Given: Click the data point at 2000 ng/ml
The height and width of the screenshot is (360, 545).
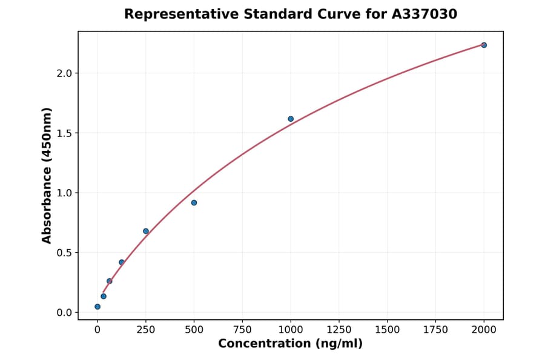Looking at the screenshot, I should (x=484, y=45).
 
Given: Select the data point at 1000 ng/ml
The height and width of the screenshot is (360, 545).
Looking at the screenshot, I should (x=291, y=119).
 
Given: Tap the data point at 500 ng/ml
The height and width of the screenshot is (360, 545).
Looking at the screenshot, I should (x=194, y=202).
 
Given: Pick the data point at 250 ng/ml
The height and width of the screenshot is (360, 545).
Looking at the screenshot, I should (x=146, y=231).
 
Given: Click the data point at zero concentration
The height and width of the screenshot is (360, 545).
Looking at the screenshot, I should (x=97, y=307).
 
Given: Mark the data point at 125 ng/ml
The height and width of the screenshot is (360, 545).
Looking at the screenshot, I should (x=122, y=262).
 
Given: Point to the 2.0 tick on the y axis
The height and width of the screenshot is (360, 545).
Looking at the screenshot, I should (x=64, y=73).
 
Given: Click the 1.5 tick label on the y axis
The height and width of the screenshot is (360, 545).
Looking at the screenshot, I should (x=64, y=133).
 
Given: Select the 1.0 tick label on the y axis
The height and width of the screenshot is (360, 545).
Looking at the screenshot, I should (x=64, y=193).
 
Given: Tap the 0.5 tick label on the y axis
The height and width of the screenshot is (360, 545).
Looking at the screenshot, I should (x=64, y=253).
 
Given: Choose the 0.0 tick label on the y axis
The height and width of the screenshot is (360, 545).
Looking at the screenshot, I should (x=64, y=313).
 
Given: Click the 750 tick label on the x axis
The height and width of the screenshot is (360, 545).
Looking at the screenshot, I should (x=242, y=330).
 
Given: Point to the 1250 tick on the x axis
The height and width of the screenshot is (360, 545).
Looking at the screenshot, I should (x=339, y=330).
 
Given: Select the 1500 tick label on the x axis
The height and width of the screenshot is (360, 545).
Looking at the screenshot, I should (x=388, y=330).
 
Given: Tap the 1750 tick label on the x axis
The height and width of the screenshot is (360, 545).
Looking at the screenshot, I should (x=435, y=330).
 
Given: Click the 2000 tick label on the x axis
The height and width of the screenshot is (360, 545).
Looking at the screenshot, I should (x=484, y=330).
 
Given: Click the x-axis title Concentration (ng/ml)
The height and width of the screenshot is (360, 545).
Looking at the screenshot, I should (x=291, y=344).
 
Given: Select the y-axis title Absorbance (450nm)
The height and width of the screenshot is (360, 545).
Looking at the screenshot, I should (x=47, y=175).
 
